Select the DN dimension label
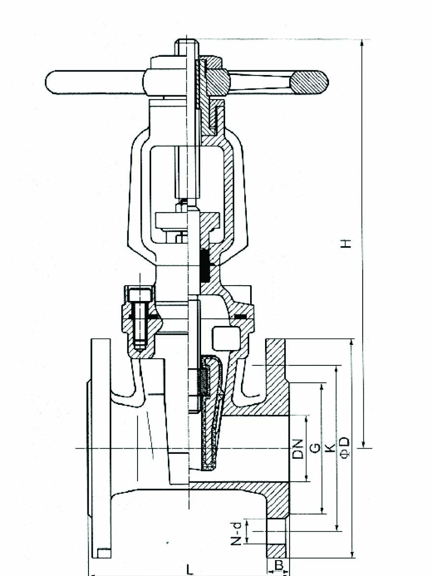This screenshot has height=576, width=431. tap(298, 449)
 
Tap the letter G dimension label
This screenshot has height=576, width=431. tap(315, 448)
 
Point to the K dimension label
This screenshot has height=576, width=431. tap(330, 448)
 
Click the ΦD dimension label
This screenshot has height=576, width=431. tap(344, 448)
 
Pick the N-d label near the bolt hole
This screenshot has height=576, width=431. tap(238, 533)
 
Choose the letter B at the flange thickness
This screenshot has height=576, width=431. tap(279, 565)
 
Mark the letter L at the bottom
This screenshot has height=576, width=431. tap(190, 570)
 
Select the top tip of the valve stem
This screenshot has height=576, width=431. tap(187, 39)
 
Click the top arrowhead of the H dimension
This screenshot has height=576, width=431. tap(362, 42)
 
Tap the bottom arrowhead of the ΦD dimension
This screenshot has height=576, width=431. tap(352, 554)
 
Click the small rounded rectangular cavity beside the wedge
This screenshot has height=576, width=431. tap(225, 338)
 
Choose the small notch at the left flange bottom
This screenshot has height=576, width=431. tap(104, 552)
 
